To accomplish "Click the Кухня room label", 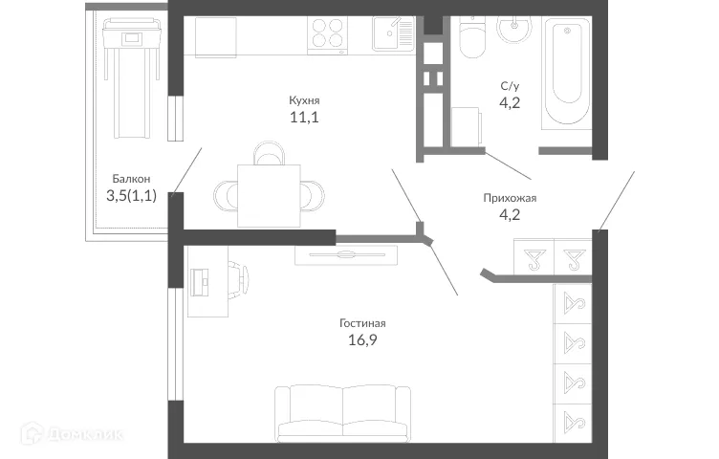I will [304, 99].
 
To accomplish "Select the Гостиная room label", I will [362, 322].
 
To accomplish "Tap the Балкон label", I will [130, 178].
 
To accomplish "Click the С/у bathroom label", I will [510, 86].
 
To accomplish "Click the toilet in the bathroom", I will [472, 38].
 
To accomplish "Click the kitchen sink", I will [392, 36].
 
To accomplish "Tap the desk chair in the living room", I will [243, 279].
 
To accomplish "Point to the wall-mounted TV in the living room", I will [345, 254].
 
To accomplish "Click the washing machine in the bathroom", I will [467, 126].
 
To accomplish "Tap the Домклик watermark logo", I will [72, 435].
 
